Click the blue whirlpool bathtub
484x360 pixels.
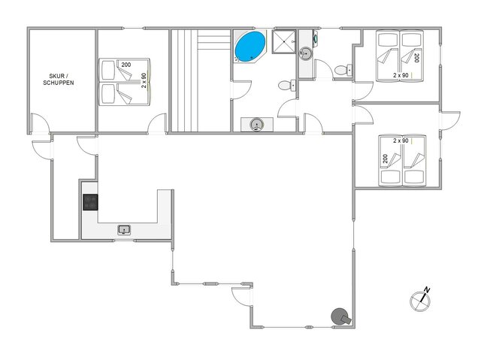click(250, 47)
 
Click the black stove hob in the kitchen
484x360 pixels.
click(90, 201)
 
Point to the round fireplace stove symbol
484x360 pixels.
click(341, 317)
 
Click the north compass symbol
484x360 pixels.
click(420, 299)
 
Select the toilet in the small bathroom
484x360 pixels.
click(343, 71)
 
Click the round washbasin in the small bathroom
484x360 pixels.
click(307, 53)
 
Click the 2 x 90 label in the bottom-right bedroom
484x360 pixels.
click(399, 141)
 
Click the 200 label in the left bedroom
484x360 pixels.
click(125, 65)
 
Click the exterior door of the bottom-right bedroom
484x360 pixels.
click(449, 122)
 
